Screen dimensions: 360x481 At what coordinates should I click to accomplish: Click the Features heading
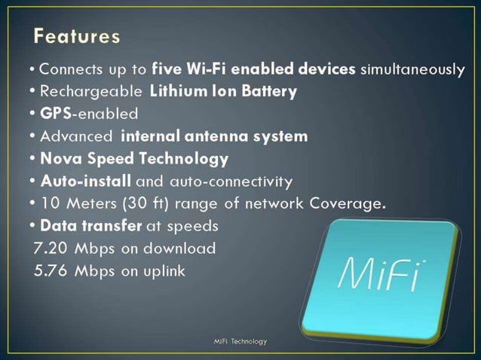click(x=77, y=35)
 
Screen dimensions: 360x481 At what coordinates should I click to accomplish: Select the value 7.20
click(x=50, y=249)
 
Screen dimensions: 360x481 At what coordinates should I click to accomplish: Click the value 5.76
click(x=51, y=270)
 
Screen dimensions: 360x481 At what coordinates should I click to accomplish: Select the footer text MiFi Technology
click(x=240, y=341)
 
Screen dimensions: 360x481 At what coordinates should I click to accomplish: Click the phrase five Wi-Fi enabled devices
click(x=254, y=69)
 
